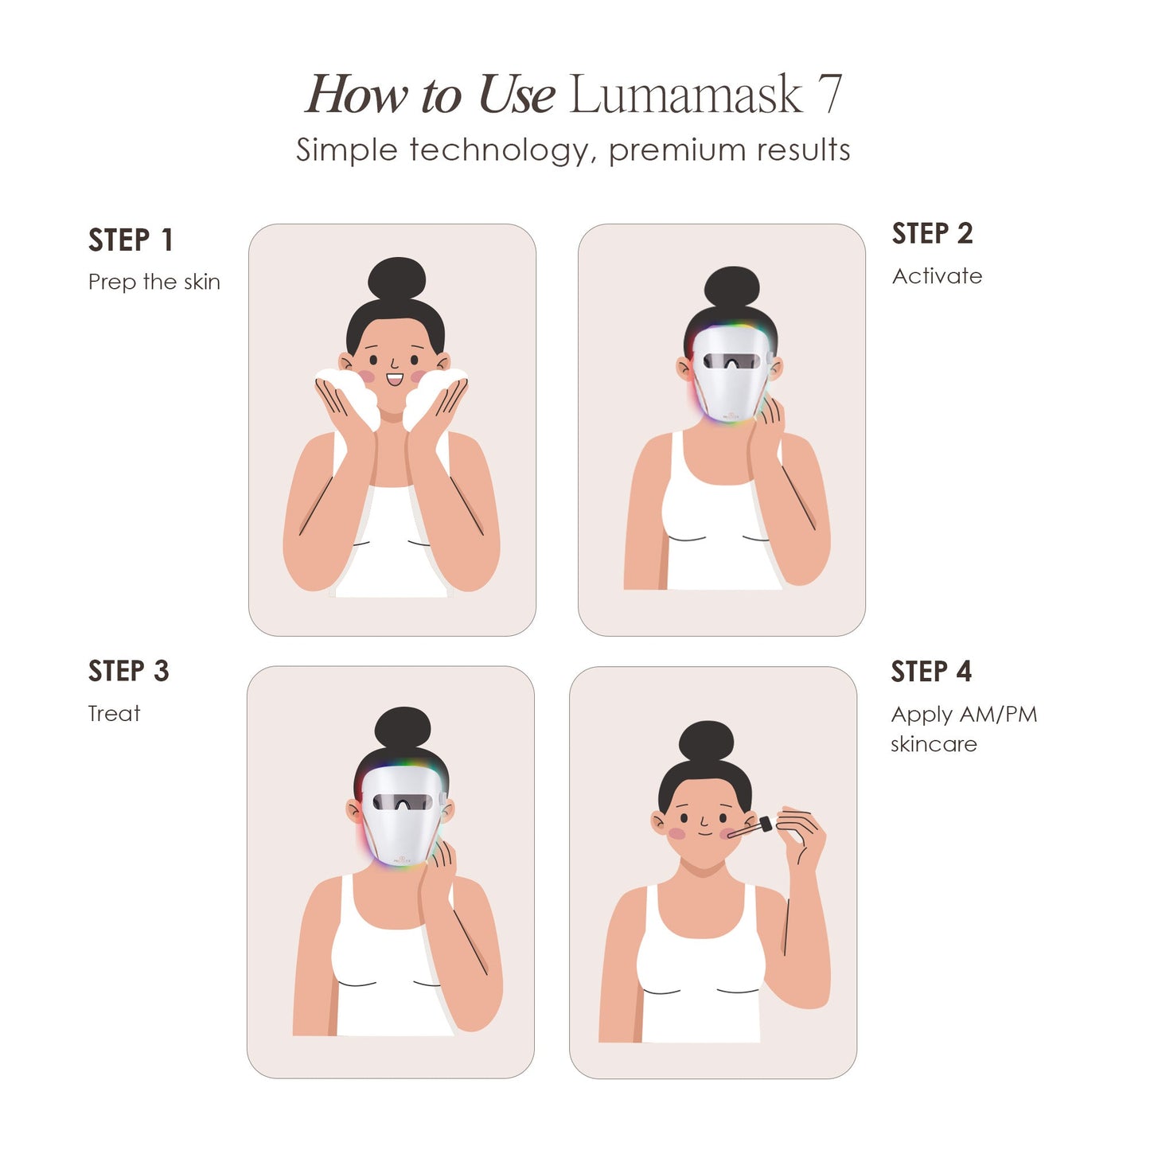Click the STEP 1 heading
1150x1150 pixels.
pyautogui.click(x=131, y=240)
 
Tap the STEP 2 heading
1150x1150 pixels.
pyautogui.click(x=932, y=234)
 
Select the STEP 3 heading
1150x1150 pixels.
pyautogui.click(x=129, y=672)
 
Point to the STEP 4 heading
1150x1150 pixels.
pyautogui.click(x=931, y=672)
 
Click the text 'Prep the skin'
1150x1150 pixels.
pyautogui.click(x=154, y=283)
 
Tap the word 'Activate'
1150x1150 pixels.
pyautogui.click(x=937, y=276)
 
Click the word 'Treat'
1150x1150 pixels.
pyautogui.click(x=114, y=714)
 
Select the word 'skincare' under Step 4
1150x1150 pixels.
pyautogui.click(x=934, y=745)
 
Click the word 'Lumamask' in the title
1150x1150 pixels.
pyautogui.click(x=685, y=95)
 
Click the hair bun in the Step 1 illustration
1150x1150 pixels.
pyautogui.click(x=396, y=279)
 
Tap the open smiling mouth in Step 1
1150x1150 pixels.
pyautogui.click(x=394, y=380)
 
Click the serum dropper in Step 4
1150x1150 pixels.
pyautogui.click(x=753, y=827)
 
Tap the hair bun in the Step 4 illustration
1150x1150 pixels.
pyautogui.click(x=706, y=742)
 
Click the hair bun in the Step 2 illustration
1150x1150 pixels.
pyautogui.click(x=731, y=287)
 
